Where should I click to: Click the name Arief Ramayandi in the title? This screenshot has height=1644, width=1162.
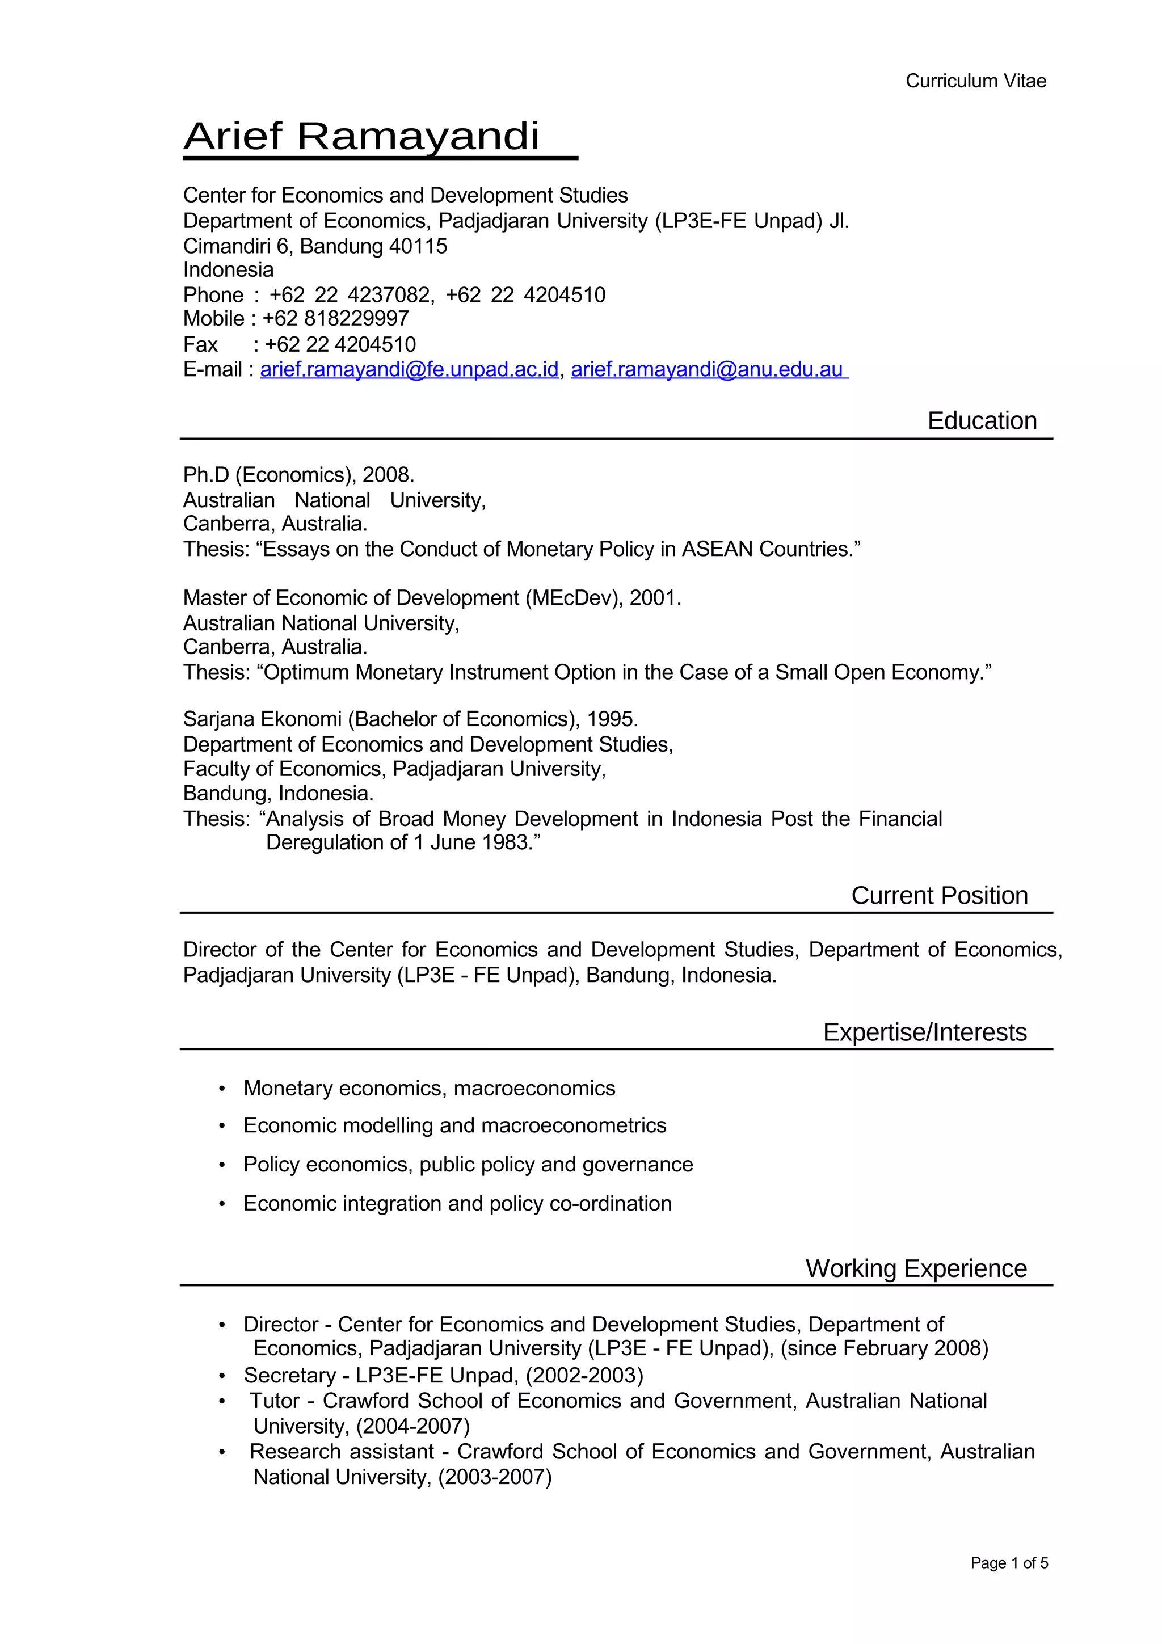point(361,136)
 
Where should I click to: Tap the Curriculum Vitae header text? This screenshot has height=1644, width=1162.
point(975,81)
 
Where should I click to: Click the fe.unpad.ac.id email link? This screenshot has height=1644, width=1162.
point(409,369)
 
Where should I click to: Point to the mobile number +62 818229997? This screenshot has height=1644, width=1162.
point(336,319)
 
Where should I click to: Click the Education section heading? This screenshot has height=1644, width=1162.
point(982,420)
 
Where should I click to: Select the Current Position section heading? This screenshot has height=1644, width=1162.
point(938,895)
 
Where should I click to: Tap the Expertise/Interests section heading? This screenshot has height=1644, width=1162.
point(924,1032)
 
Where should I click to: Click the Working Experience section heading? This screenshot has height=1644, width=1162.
point(916,1268)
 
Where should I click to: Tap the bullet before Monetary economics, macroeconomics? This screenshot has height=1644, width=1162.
point(222,1089)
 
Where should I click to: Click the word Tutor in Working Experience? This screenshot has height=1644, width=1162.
point(274,1401)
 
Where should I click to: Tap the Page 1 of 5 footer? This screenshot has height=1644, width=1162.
point(1008,1563)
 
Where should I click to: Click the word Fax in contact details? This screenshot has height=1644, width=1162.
point(200,344)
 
